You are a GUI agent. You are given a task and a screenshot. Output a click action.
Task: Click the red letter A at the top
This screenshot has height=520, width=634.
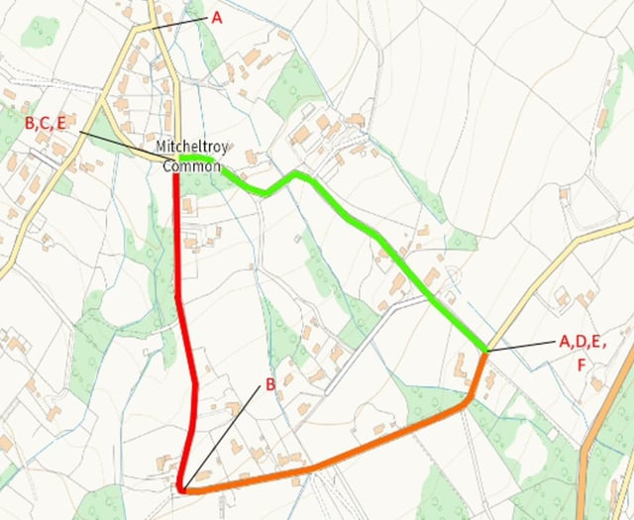click(x=217, y=17)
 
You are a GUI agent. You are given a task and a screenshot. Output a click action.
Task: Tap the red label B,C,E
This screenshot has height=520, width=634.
click(x=47, y=124)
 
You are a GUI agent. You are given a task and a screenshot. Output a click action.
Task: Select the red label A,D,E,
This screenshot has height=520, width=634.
click(x=582, y=342)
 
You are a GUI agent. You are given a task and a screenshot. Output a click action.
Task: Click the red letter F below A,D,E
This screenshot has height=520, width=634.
click(x=582, y=364)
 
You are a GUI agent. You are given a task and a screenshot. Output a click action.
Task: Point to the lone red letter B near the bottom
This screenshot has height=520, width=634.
click(x=268, y=385)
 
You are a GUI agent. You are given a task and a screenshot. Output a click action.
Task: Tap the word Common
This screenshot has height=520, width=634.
click(x=191, y=165)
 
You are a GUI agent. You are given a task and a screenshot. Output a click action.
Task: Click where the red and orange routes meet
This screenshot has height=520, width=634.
click(x=183, y=488)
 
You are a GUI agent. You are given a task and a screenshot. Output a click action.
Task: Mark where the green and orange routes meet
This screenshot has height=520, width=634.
click(x=485, y=352)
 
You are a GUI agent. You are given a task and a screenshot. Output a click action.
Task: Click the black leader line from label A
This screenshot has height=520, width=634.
click(x=183, y=21)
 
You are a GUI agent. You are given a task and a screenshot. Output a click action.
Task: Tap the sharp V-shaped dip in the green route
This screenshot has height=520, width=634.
click(x=265, y=192)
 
